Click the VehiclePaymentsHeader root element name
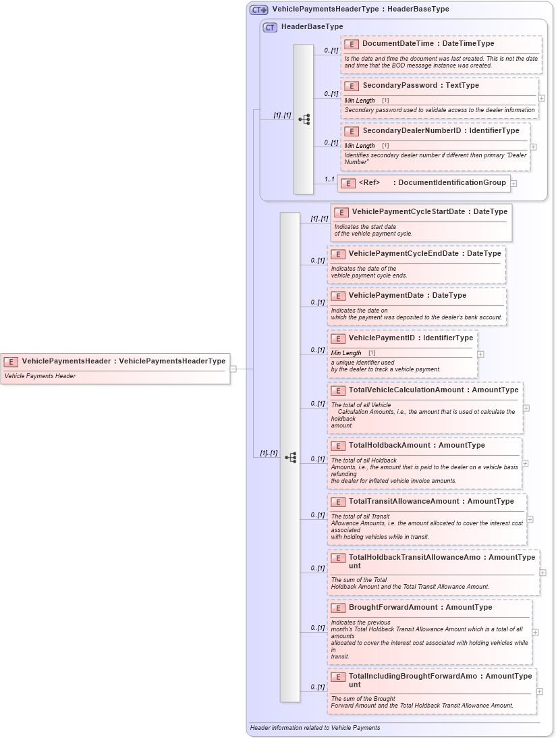pyautogui.click(x=66, y=361)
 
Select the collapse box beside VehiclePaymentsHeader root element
pyautogui.click(x=233, y=369)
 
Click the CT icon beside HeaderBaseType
pyautogui.click(x=270, y=27)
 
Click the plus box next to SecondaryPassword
pyautogui.click(x=542, y=98)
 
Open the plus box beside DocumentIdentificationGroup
pyautogui.click(x=513, y=183)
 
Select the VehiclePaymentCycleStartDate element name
pyautogui.click(x=408, y=211)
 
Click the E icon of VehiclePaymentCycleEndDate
pyautogui.click(x=337, y=254)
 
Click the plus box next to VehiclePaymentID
pyautogui.click(x=480, y=354)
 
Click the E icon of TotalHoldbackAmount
pyautogui.click(x=337, y=446)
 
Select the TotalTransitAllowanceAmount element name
pyautogui.click(x=405, y=501)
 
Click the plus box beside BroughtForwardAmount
pyautogui.click(x=535, y=633)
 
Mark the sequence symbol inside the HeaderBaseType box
pyautogui.click(x=304, y=120)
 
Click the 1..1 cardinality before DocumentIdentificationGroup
pyautogui.click(x=329, y=180)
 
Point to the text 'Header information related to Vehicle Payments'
pyautogui.click(x=315, y=728)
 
